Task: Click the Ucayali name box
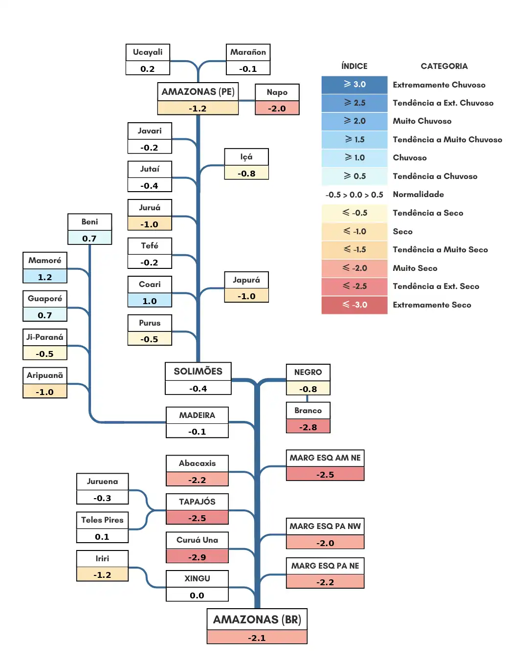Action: click(x=148, y=52)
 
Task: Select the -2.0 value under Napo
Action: click(x=277, y=108)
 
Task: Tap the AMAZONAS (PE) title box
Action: click(x=198, y=92)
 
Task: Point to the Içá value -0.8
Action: click(x=246, y=173)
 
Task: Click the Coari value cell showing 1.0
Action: click(x=150, y=301)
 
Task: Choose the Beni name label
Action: click(x=89, y=222)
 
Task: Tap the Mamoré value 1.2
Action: click(x=45, y=277)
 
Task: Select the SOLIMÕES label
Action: click(x=198, y=372)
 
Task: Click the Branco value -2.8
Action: click(x=308, y=427)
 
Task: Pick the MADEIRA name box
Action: click(x=197, y=415)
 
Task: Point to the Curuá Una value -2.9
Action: click(x=197, y=557)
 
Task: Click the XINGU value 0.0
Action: click(x=197, y=595)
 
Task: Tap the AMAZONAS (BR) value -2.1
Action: click(x=257, y=638)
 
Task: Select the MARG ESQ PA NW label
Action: click(x=325, y=526)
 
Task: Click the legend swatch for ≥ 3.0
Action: click(x=354, y=85)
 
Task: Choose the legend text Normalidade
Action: click(x=418, y=194)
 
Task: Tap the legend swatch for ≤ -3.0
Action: click(x=354, y=305)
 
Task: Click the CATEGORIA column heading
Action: click(x=444, y=66)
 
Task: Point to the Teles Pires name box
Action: click(x=102, y=520)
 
